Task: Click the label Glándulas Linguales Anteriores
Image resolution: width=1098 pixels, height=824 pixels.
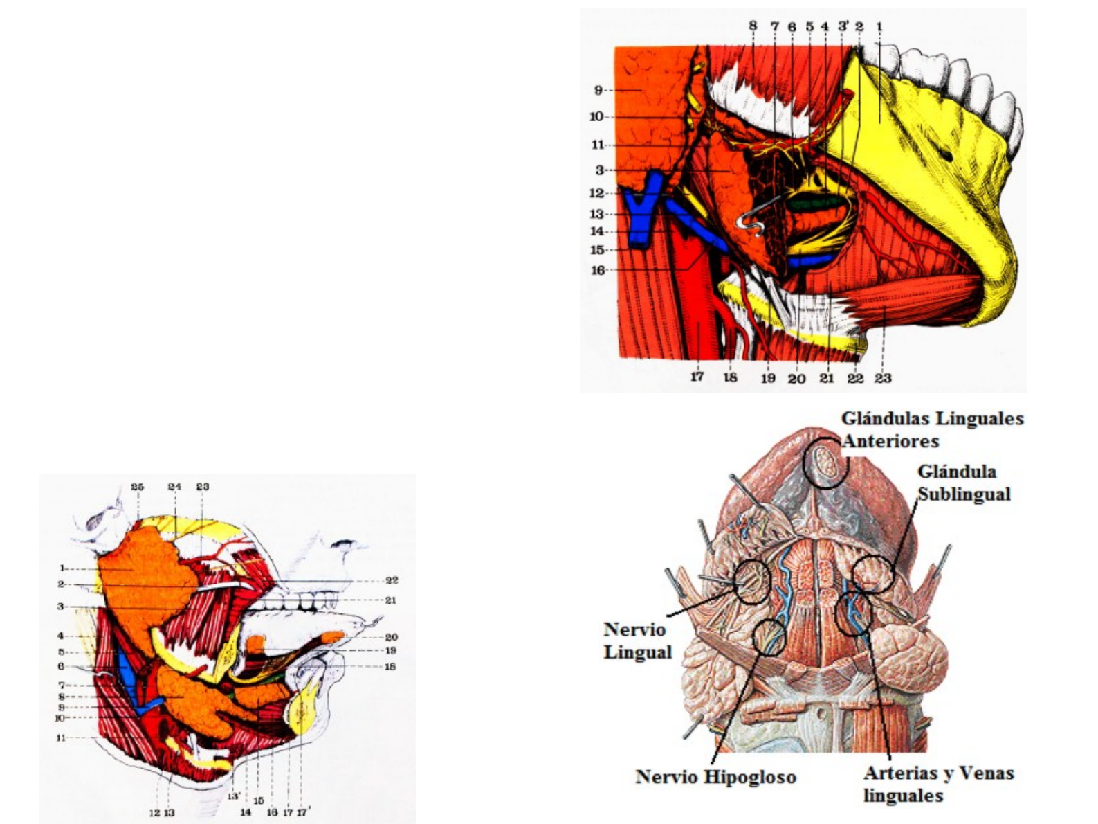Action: pos(931,429)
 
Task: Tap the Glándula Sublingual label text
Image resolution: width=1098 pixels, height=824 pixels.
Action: pos(964,483)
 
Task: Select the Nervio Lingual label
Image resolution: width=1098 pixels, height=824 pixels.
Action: pos(637,641)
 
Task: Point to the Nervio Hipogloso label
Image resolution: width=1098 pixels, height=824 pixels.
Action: pos(715,777)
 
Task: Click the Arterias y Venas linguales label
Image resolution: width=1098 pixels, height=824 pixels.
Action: pos(937,784)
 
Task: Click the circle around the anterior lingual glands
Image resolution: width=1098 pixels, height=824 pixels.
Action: pos(825,463)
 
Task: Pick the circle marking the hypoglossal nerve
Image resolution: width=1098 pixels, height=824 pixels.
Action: pos(769,637)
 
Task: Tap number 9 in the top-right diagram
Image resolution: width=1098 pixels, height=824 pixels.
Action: pos(598,90)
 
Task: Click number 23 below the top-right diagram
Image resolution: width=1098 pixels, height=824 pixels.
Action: pos(882,378)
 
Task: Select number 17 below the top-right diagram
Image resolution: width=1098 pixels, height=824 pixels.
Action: pos(697,377)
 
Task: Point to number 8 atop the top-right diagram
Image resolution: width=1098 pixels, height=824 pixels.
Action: pos(753,26)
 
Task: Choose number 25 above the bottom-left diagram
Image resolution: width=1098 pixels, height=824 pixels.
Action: pos(137,487)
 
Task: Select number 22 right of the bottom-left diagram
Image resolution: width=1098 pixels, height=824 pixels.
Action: pos(391,580)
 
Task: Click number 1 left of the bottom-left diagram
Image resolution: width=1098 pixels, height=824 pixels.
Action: pos(62,568)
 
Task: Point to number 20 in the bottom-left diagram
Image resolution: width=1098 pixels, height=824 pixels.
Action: pos(391,637)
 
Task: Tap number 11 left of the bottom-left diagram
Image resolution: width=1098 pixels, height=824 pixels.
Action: pos(61,738)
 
